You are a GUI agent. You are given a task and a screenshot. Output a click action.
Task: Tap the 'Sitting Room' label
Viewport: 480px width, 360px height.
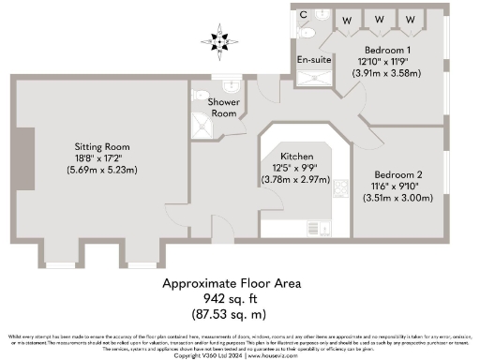[102, 147]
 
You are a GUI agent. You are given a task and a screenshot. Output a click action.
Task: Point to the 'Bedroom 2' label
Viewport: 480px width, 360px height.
[398, 174]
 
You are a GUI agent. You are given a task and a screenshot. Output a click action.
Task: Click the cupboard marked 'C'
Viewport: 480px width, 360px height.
[304, 15]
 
